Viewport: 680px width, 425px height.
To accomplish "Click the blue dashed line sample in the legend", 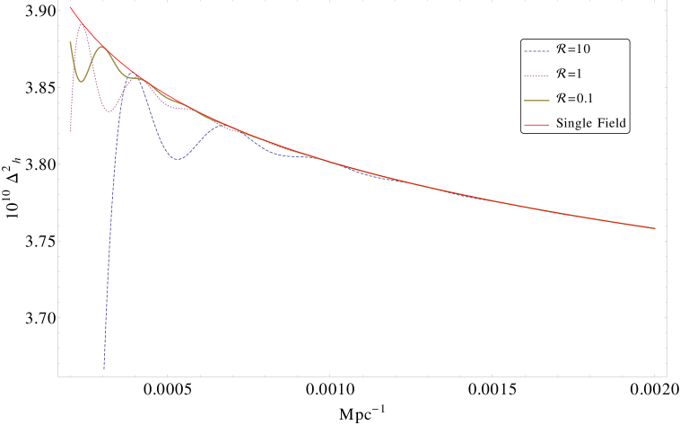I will pos(536,51).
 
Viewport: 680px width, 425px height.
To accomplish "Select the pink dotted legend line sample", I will pos(536,75).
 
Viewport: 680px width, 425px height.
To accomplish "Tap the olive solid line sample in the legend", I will pos(536,100).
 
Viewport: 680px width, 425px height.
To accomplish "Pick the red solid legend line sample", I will pos(536,124).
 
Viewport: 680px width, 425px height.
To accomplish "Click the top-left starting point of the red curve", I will pos(71,8).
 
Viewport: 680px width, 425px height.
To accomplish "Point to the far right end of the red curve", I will pos(655,228).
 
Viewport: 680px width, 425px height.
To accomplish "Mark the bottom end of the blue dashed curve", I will pos(103,368).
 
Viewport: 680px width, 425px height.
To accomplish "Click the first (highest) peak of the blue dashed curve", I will pos(136,78).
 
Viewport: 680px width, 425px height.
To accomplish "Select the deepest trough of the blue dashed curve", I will pos(178,159).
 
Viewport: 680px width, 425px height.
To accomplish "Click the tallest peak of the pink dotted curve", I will pos(83,24).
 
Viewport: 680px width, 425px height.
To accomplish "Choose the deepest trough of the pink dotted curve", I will pos(109,111).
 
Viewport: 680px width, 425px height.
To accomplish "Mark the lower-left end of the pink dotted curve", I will pos(70,132).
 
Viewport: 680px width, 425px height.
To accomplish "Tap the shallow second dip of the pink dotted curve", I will pos(184,109).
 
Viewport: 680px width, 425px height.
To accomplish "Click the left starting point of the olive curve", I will pos(70,41).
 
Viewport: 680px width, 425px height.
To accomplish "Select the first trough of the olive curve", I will pos(81,82).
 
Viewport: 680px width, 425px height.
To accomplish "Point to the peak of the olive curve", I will pos(102,47).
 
